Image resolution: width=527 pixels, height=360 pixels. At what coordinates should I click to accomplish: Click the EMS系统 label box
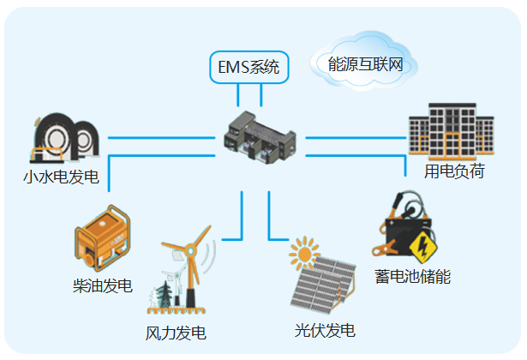tap(249, 67)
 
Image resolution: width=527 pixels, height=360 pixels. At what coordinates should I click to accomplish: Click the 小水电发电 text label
tap(61, 178)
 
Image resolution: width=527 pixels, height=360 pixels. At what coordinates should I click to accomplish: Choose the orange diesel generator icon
tap(103, 238)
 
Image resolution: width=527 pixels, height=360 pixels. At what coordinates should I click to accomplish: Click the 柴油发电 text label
tap(103, 285)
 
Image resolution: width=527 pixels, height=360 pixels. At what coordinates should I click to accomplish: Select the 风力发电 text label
tap(177, 333)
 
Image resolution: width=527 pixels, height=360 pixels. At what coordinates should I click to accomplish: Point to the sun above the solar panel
tap(302, 254)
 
